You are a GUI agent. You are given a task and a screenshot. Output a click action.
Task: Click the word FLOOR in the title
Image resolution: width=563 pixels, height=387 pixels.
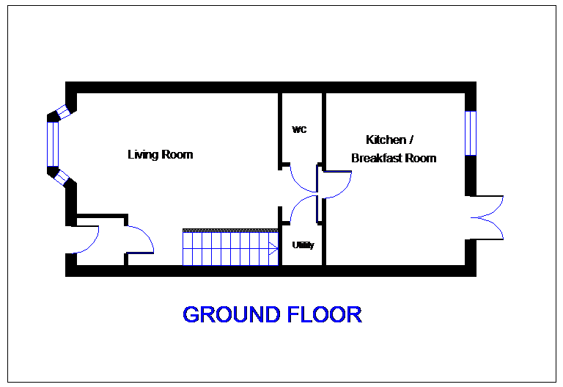pyautogui.click(x=324, y=315)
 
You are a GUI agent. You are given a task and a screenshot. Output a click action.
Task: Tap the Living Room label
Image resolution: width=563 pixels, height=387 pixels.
pyautogui.click(x=161, y=155)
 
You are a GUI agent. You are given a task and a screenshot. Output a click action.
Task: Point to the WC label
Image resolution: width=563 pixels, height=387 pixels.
pyautogui.click(x=298, y=129)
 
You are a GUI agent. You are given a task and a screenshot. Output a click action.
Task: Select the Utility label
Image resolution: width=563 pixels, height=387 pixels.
pyautogui.click(x=303, y=245)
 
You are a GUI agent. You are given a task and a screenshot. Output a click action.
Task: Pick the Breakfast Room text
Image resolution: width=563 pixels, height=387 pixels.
pyautogui.click(x=394, y=158)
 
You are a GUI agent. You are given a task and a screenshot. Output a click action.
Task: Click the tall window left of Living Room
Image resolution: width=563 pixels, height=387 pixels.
pyautogui.click(x=52, y=144)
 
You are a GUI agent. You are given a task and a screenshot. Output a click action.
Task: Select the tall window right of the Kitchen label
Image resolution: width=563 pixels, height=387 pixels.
pyautogui.click(x=471, y=133)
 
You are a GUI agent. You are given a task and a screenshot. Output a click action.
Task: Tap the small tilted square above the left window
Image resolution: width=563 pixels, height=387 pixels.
pyautogui.click(x=63, y=112)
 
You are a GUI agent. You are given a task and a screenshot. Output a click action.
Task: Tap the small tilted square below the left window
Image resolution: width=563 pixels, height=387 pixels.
pyautogui.click(x=62, y=178)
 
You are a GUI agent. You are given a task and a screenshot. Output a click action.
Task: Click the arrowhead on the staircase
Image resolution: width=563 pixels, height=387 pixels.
pyautogui.click(x=273, y=247)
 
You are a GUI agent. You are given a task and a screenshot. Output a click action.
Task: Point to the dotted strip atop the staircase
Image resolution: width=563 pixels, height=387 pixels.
pyautogui.click(x=230, y=231)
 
